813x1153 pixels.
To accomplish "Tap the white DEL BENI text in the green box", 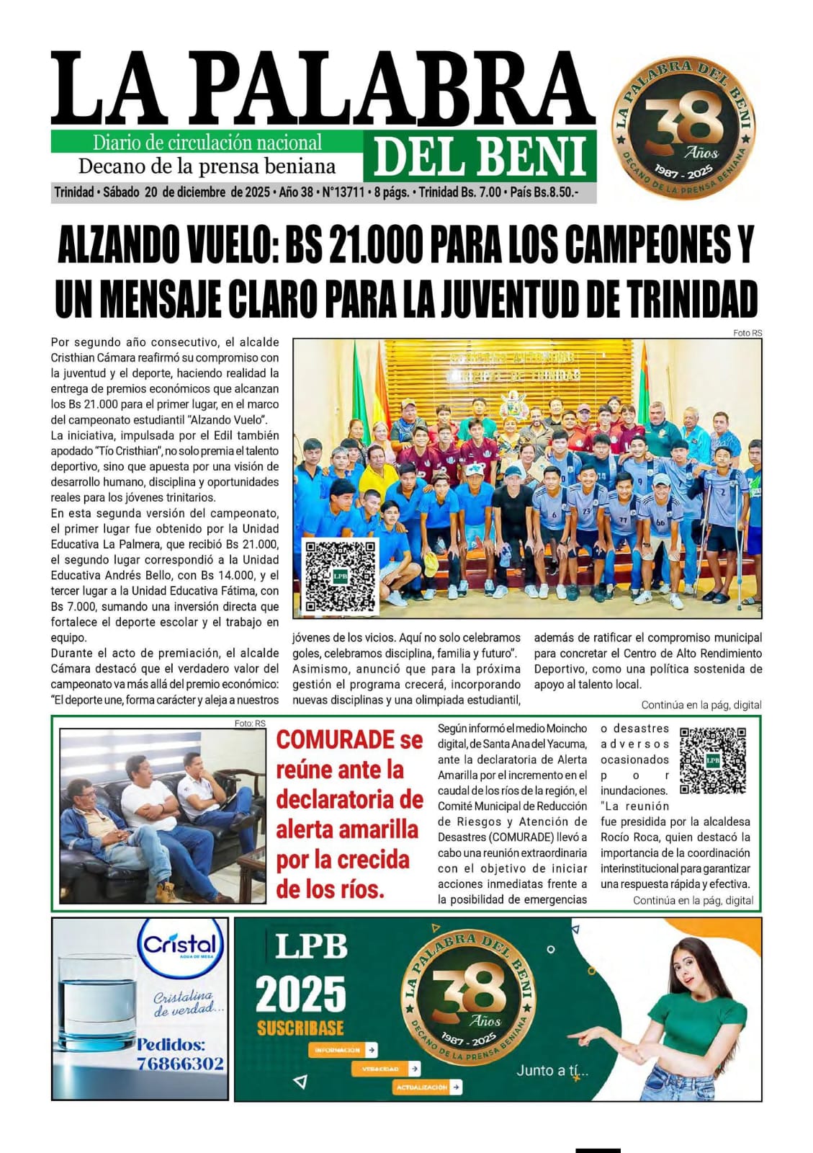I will [480, 157].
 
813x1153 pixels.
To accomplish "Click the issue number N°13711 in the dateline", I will [343, 192].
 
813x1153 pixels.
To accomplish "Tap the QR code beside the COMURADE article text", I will [712, 760].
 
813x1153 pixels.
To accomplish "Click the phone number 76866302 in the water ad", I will [180, 1064].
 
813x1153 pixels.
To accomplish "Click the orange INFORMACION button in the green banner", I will [343, 1050].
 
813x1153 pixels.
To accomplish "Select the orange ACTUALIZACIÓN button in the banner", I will [427, 1087].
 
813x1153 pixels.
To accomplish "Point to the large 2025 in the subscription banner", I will [300, 995].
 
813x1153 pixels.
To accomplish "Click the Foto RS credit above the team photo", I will [747, 333].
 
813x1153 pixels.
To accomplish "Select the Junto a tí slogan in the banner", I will [552, 1071].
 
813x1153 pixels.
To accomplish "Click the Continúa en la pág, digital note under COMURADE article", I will [693, 900].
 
